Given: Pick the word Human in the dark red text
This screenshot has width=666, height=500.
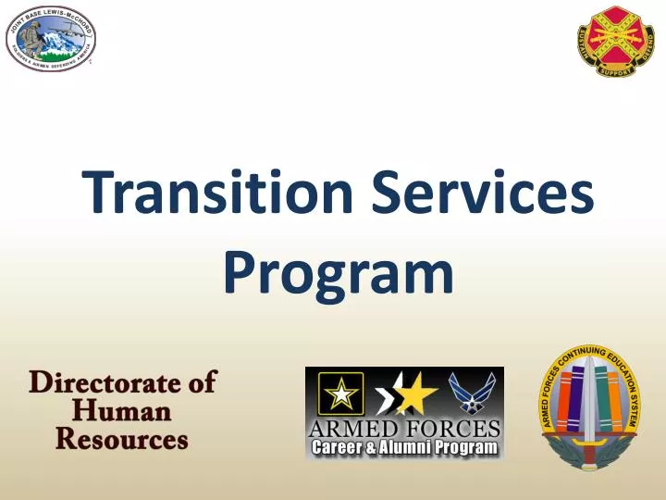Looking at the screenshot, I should point(122,410).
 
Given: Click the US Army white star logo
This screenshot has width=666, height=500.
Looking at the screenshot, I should point(340,394).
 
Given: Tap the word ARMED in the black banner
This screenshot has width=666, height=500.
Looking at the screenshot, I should point(353,429).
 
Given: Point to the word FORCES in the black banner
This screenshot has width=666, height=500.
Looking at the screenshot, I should point(451,429).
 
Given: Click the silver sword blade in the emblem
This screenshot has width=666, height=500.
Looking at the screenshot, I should point(587,407).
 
